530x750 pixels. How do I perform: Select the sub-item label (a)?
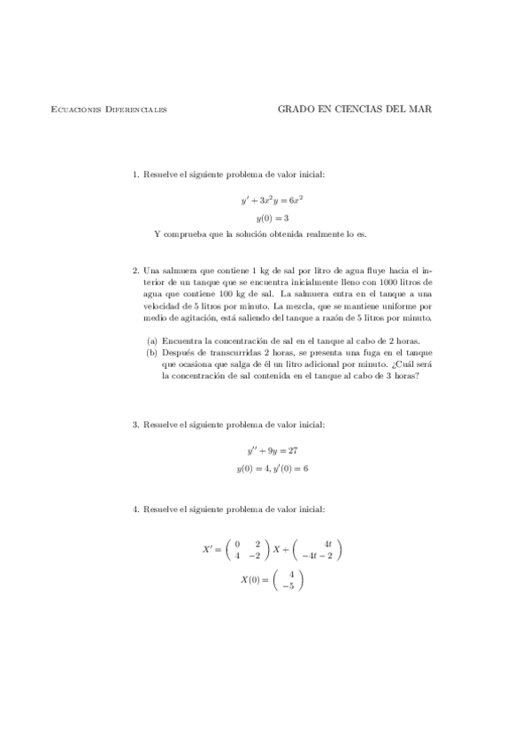point(152,341)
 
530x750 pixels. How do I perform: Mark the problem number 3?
point(135,425)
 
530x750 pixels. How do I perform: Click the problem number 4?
point(135,509)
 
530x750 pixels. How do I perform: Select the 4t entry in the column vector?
point(327,543)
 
